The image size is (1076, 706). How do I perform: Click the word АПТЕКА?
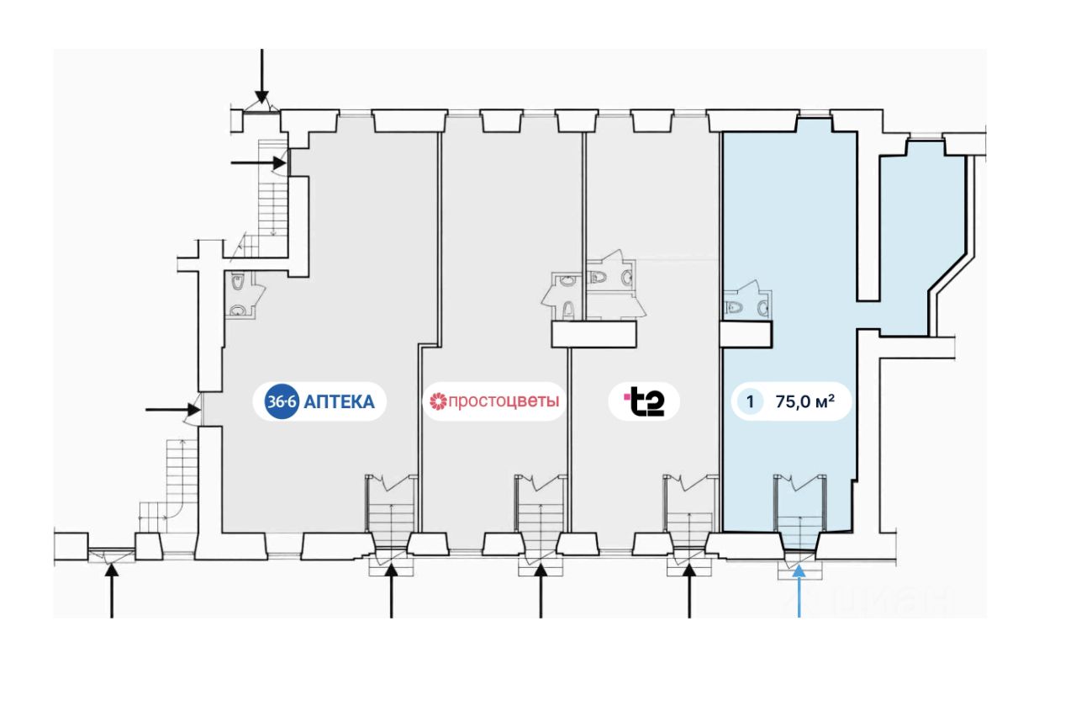pos(339,401)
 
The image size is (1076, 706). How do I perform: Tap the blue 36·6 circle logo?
pos(282,401)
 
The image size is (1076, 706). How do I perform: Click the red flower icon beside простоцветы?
pos(438,401)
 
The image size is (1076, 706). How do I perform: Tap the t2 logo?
pos(644,401)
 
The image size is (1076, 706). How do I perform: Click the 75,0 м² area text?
pos(805,401)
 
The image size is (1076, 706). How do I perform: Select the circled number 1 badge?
pos(751,401)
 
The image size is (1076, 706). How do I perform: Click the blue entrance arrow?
pos(799,591)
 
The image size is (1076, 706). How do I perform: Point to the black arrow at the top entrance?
pos(261,77)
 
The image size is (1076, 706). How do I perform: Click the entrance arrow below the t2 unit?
pos(689,591)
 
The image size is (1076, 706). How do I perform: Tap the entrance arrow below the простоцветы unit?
pos(541,591)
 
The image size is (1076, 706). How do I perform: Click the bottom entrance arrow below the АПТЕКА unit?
pos(392,591)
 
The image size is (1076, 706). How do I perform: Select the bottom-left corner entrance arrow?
pos(112,591)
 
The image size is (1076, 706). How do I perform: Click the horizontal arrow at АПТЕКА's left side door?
pos(173,411)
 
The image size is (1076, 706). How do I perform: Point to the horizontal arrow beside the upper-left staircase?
pos(258,162)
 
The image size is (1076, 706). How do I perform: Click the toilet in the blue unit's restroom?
pos(734,307)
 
